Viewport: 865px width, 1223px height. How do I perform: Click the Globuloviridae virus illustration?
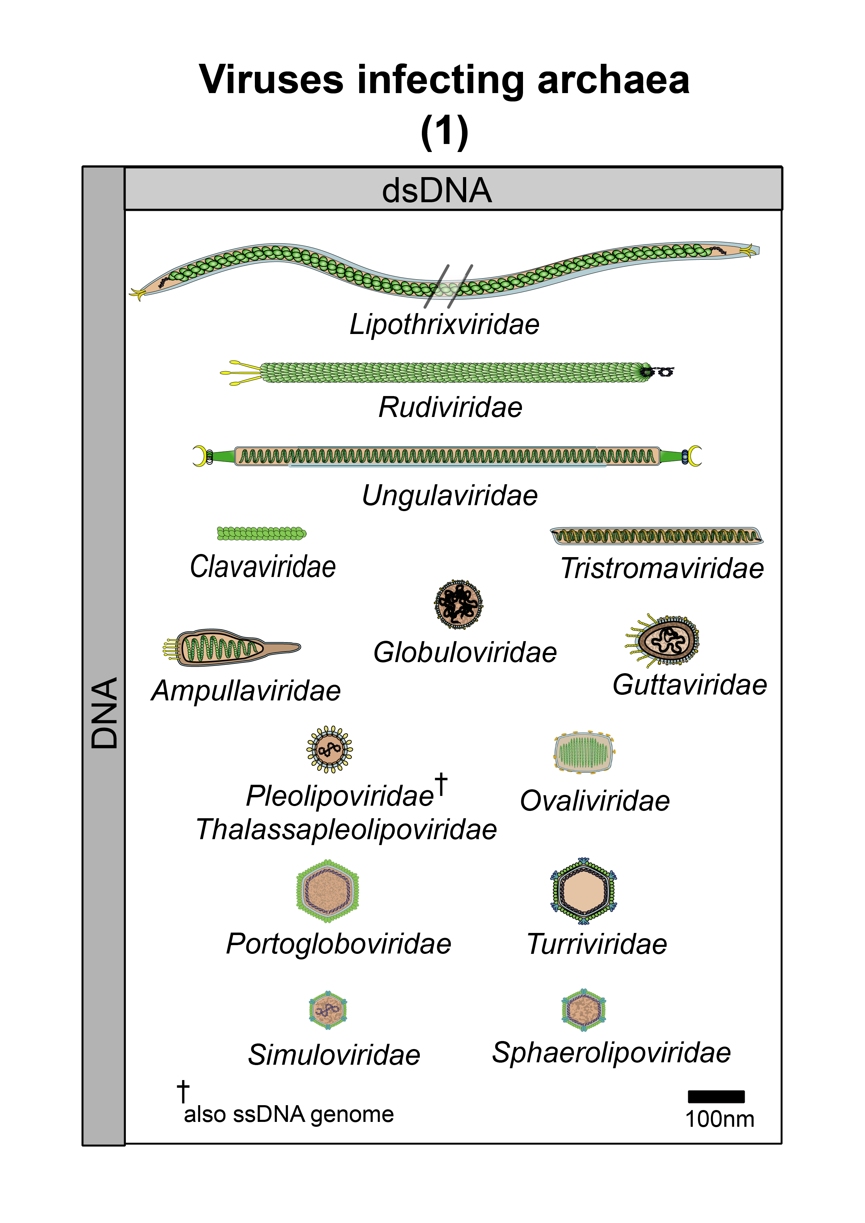click(458, 604)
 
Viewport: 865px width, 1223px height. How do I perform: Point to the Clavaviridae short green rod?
click(261, 533)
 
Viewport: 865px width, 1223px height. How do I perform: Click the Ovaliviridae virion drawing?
click(584, 752)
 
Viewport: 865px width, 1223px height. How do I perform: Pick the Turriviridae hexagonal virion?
click(584, 891)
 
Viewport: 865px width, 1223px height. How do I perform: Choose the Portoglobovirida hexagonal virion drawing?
click(328, 891)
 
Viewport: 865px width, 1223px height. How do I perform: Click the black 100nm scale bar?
click(716, 1096)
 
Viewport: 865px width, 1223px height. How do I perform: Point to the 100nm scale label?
click(720, 1119)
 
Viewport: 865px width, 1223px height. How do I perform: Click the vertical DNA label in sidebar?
click(104, 714)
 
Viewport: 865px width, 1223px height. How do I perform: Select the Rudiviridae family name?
click(450, 408)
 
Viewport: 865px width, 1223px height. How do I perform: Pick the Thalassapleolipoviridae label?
click(346, 829)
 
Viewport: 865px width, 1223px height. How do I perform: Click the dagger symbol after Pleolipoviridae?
click(441, 784)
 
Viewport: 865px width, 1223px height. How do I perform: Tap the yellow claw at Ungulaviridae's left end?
click(199, 456)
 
